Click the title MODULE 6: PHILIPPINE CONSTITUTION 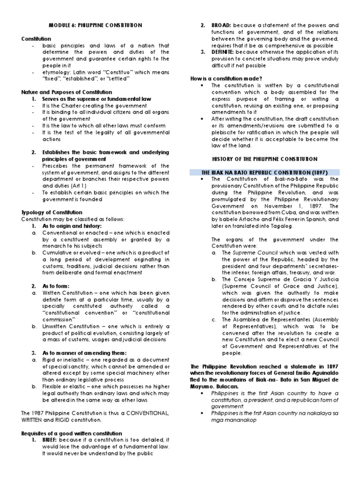pyautogui.click(x=96, y=24)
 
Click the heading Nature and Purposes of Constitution pyautogui.click(x=67, y=92)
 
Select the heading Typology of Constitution pyautogui.click(x=52, y=212)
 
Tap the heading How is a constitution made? pyautogui.click(x=225, y=78)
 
